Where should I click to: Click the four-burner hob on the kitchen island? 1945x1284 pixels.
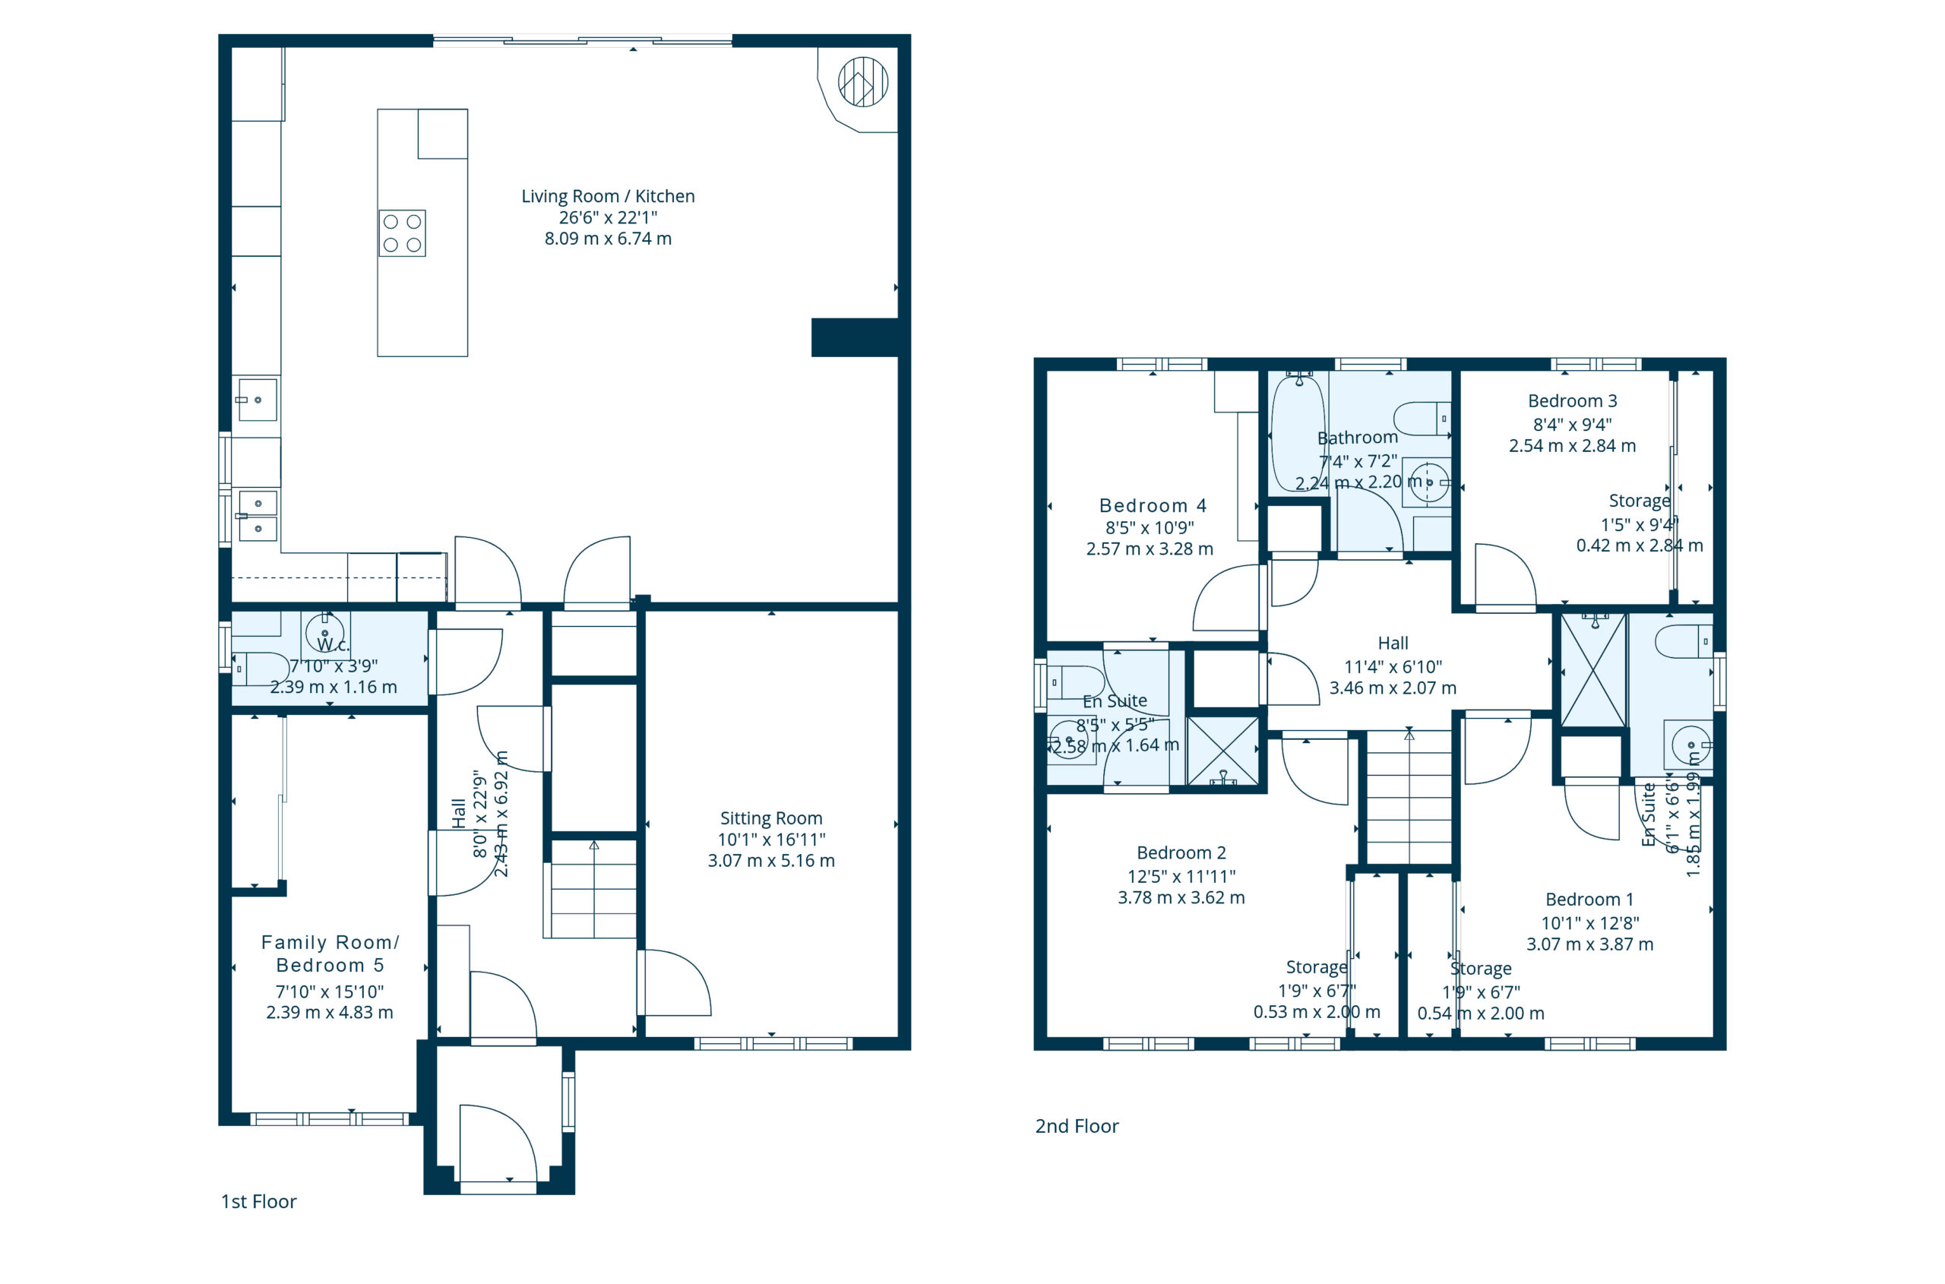[x=402, y=233]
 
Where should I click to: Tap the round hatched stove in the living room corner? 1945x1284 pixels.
[x=863, y=82]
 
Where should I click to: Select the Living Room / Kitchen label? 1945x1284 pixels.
[x=608, y=197]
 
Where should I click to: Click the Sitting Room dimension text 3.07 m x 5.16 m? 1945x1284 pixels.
[x=771, y=861]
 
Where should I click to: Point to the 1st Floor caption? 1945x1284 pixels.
[x=259, y=1201]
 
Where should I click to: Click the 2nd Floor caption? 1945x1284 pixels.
[x=1077, y=1126]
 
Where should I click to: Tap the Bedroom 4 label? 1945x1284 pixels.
[x=1153, y=505]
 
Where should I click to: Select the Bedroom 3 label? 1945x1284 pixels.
[x=1573, y=401]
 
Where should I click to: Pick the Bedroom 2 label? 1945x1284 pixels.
[x=1181, y=852]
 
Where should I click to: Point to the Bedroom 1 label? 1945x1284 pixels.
[x=1589, y=899]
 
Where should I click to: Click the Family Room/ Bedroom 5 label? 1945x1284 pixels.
[x=330, y=954]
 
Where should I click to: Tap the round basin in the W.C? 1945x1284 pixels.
[x=325, y=633]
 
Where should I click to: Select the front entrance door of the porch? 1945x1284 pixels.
[x=498, y=1144]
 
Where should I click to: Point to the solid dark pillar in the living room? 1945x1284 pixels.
[x=855, y=337]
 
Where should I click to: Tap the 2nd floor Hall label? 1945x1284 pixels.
[x=1393, y=644]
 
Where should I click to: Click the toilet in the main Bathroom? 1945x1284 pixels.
[x=1422, y=419]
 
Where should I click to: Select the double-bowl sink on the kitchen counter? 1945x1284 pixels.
[x=257, y=516]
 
